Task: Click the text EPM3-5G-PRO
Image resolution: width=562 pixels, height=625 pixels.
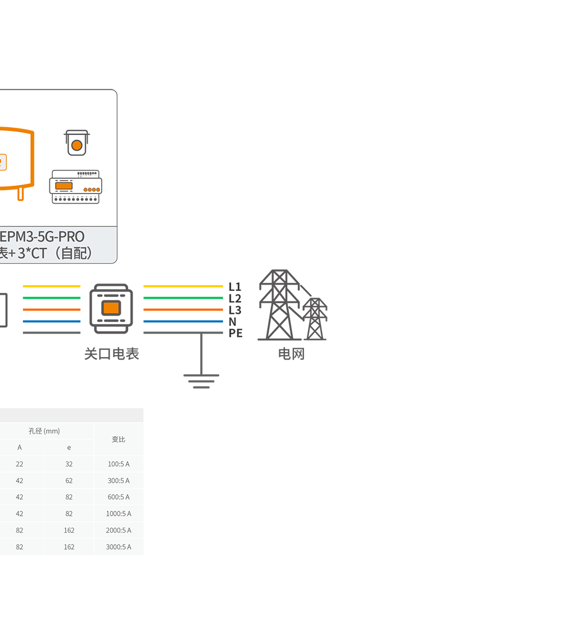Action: [42, 236]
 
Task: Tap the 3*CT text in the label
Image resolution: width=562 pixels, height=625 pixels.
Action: [31, 253]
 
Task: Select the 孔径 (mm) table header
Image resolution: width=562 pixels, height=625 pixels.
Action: [44, 431]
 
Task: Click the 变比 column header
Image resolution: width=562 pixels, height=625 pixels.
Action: [119, 439]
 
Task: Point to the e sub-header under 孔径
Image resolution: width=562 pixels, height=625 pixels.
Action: [69, 448]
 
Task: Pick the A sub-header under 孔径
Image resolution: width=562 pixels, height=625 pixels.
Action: [20, 448]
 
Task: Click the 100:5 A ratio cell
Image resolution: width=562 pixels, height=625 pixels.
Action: [119, 464]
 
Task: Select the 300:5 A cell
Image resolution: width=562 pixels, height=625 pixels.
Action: [119, 481]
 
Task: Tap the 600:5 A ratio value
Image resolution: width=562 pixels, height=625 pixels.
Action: [119, 497]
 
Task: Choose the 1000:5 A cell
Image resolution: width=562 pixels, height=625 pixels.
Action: [119, 514]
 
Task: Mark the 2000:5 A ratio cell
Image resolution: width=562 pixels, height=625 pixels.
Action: [119, 530]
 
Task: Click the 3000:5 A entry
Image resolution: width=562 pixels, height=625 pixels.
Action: [119, 547]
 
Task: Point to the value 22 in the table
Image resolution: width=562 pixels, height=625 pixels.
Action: [20, 464]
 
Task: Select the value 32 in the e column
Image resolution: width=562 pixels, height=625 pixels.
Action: [69, 464]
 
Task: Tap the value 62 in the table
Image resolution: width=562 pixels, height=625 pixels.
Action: [69, 481]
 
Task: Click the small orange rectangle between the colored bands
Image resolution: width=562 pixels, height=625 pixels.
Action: [111, 308]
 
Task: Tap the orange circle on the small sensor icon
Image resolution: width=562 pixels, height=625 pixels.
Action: [77, 146]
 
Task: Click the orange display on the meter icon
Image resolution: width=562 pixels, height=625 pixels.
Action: [64, 186]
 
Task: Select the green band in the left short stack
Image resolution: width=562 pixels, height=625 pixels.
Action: [50, 298]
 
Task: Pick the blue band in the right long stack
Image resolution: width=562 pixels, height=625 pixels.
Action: [182, 321]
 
